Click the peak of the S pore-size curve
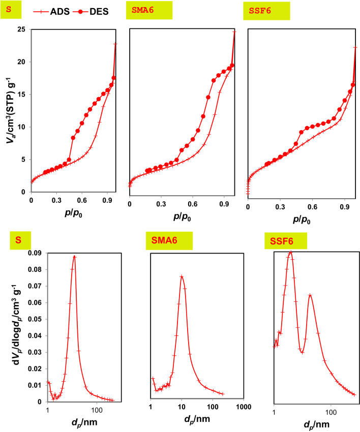[74, 256]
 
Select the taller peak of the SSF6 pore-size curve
[290, 252]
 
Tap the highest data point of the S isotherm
[115, 44]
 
